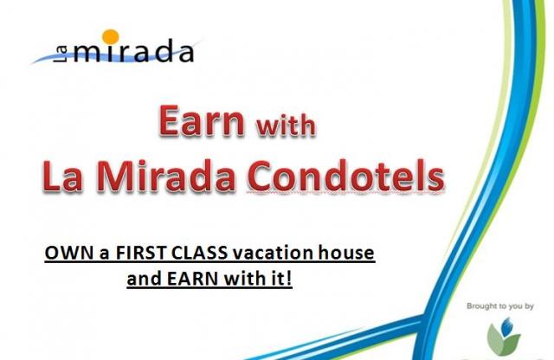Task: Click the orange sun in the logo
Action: click(x=111, y=37)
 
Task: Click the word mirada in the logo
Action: click(x=134, y=51)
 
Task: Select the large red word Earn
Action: click(x=202, y=120)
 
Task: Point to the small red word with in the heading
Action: click(x=286, y=125)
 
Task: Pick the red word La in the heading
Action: click(x=63, y=176)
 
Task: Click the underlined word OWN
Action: click(x=69, y=253)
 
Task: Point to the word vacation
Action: click(x=273, y=253)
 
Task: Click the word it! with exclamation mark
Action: click(x=283, y=279)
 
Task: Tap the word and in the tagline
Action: click(x=145, y=279)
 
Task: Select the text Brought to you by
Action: click(x=500, y=306)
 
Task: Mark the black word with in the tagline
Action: click(x=246, y=279)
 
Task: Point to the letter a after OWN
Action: click(x=104, y=254)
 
